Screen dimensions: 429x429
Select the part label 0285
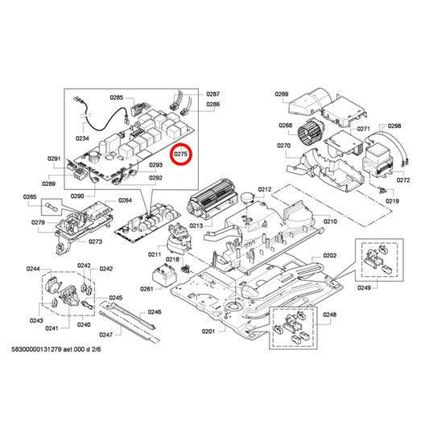point(117,97)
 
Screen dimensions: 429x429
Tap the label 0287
point(212,94)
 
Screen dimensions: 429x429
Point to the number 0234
point(83,138)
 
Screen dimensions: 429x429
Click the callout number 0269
point(281,94)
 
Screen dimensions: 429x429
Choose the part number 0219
point(392,200)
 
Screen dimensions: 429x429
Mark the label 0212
point(264,189)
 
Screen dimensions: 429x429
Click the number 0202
point(330,256)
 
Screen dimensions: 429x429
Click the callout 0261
point(146,288)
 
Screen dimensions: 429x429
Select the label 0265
point(30,196)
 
